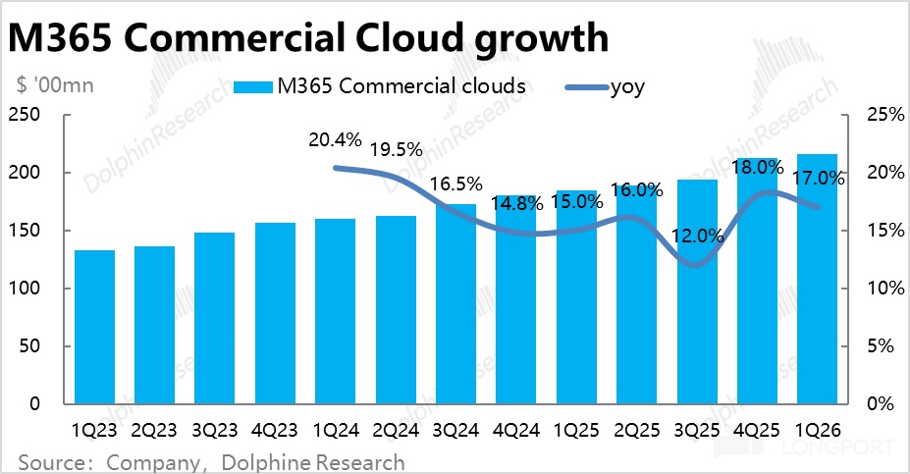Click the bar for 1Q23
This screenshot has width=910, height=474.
(94, 327)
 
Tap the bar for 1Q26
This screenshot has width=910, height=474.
(817, 279)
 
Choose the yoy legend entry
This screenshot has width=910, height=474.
(624, 86)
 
